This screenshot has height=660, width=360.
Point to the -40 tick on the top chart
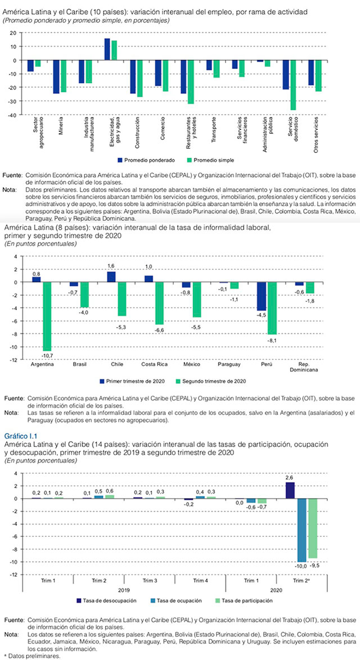(12, 114)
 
